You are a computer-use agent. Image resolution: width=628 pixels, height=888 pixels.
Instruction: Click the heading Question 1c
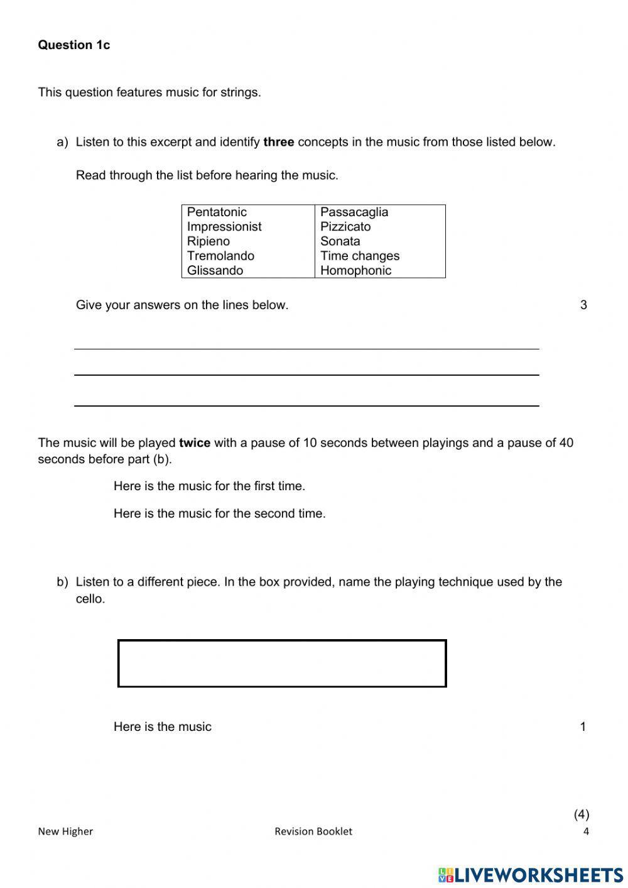point(73,45)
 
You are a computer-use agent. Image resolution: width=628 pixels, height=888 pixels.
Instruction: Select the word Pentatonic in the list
point(217,212)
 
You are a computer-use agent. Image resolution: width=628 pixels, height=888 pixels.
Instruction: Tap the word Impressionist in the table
point(224,227)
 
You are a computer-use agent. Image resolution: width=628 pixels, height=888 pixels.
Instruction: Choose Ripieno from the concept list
point(208,241)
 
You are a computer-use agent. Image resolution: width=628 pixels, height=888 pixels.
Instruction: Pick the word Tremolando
point(220,256)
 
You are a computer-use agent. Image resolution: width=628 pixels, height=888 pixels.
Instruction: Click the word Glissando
point(215,271)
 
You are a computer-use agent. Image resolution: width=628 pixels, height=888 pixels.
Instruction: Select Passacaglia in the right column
point(354,212)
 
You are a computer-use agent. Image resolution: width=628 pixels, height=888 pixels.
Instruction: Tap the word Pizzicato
point(345,227)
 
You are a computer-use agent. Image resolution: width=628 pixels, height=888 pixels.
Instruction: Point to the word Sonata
point(340,241)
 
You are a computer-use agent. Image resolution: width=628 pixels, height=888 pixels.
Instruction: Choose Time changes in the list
point(360,256)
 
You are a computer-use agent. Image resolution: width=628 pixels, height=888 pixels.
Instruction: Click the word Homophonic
point(355,271)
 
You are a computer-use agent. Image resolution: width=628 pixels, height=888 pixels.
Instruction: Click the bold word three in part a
point(279,142)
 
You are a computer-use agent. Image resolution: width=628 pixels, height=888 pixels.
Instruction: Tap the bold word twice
point(195,443)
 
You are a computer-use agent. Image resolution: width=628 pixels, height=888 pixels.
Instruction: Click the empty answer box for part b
point(282,664)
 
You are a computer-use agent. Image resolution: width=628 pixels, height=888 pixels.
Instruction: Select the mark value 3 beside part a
point(583,305)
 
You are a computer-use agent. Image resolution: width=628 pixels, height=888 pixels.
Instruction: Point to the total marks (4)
point(582,814)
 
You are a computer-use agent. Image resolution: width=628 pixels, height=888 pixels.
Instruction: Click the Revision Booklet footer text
point(313,831)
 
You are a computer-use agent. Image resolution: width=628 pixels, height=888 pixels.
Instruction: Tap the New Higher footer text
point(65,831)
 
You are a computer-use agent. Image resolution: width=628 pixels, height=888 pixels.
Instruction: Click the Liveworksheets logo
point(531,874)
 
